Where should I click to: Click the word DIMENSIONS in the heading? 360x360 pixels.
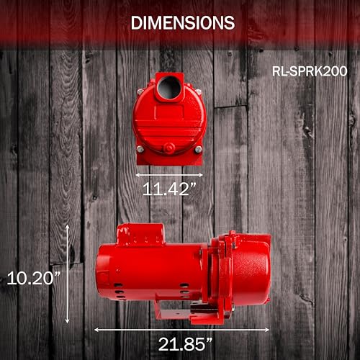click(182, 22)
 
